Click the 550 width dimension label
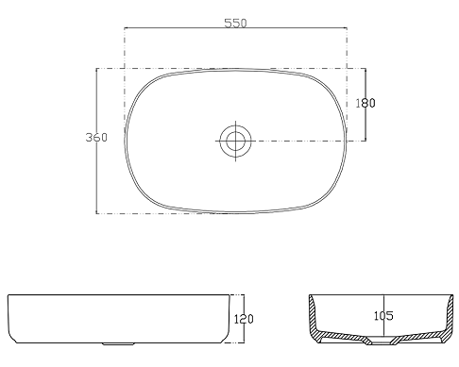click(235, 23)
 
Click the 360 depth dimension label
click(96, 137)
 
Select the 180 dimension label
click(365, 103)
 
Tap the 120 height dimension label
click(244, 319)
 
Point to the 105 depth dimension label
click(383, 316)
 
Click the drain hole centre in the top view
click(236, 141)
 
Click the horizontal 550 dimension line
click(235, 28)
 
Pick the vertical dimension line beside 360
click(96, 141)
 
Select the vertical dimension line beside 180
click(365, 105)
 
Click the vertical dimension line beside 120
click(244, 319)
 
